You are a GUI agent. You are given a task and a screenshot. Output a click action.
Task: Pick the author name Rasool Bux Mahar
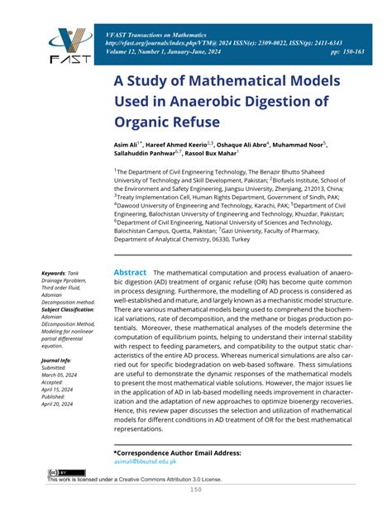click(210, 154)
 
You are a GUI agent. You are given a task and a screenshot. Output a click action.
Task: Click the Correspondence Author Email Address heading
click(176, 454)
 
